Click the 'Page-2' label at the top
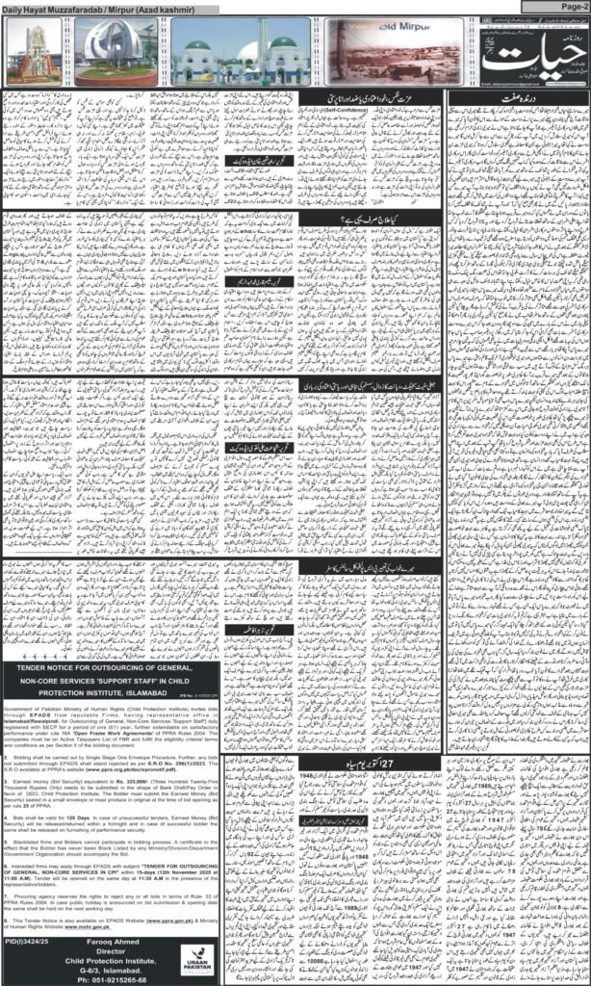tap(564, 6)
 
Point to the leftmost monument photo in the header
tap(31, 53)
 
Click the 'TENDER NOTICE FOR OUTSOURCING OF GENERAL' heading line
tap(112, 667)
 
